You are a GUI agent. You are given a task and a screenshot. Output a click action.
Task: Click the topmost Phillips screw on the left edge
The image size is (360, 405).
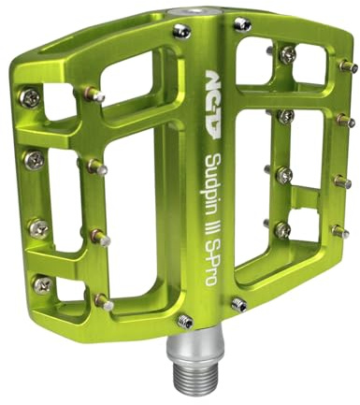(x=34, y=95)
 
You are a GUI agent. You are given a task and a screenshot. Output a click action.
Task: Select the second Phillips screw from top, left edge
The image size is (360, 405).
(x=35, y=159)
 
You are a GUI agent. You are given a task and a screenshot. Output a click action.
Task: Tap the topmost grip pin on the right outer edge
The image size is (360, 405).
(x=346, y=65)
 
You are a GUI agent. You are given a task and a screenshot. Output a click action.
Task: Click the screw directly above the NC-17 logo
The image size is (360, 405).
(x=183, y=32)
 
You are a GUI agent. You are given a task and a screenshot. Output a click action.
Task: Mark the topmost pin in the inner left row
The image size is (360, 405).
(x=94, y=94)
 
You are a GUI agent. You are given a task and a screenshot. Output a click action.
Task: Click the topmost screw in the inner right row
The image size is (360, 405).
(x=286, y=55)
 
